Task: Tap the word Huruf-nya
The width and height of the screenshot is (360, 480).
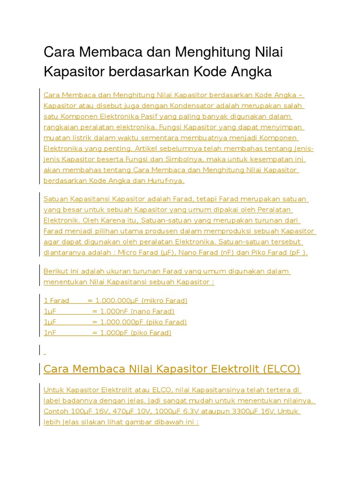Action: pos(167,180)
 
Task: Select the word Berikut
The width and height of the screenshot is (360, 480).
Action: pos(55,271)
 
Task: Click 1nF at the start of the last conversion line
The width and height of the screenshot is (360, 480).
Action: pos(50,333)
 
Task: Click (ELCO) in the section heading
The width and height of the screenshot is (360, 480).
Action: pos(277,369)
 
